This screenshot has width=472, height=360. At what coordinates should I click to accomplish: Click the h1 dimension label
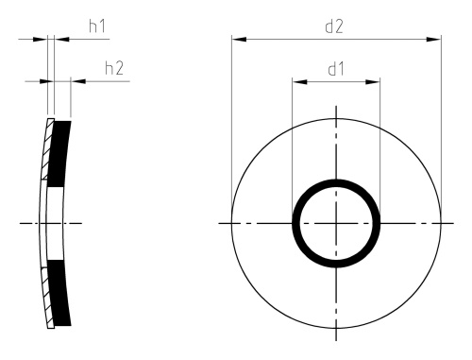(x=97, y=26)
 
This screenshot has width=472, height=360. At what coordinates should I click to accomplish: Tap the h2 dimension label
(x=114, y=68)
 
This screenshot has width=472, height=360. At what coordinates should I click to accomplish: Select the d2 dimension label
(x=334, y=26)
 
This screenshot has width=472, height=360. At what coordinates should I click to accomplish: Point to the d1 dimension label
(x=336, y=69)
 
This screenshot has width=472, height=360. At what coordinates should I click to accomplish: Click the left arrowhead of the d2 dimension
(x=239, y=40)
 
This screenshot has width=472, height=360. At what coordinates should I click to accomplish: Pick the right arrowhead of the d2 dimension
(x=433, y=40)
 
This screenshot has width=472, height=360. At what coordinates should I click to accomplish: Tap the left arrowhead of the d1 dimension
(x=299, y=82)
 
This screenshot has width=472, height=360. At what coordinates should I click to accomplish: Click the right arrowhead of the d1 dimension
(x=373, y=82)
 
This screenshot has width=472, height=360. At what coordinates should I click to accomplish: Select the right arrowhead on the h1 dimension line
(x=61, y=40)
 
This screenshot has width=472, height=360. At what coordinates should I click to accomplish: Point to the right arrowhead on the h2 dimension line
(x=78, y=81)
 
